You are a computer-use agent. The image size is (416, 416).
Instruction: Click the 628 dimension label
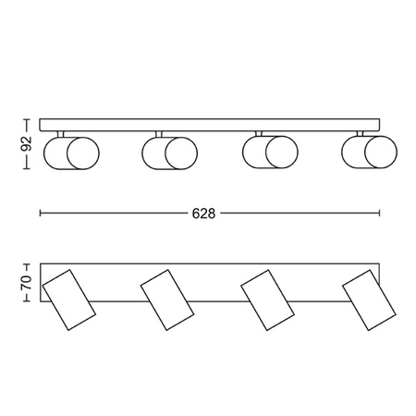(203, 214)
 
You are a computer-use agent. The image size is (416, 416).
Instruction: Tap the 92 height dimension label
(27, 143)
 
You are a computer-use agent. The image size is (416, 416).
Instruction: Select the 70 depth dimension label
(26, 282)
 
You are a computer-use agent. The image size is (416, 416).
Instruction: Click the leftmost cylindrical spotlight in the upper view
(71, 153)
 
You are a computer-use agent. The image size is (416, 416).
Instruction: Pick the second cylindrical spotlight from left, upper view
(170, 153)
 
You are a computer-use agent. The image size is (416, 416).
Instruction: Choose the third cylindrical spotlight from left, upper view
(270, 153)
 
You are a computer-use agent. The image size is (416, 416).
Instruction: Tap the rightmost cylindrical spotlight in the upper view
(370, 152)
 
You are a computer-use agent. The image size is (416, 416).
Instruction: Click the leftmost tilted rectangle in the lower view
(69, 300)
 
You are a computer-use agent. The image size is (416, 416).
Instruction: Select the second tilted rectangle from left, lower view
(167, 300)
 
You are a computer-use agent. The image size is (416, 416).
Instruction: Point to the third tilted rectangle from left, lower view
(267, 300)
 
